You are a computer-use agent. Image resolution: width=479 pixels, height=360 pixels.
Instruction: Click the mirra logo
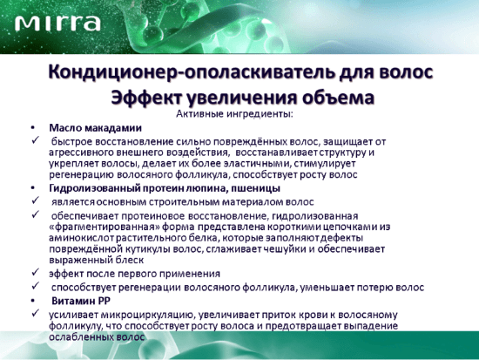click(x=57, y=24)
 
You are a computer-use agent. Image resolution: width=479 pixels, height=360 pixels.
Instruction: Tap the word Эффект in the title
click(x=146, y=98)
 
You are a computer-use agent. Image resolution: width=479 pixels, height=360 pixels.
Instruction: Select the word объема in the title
click(x=338, y=98)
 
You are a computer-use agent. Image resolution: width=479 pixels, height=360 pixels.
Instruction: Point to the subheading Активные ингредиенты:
click(x=234, y=114)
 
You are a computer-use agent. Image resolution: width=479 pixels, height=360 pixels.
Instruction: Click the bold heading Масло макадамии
click(x=95, y=128)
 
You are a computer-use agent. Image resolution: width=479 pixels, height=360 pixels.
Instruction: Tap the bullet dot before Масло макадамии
click(x=33, y=128)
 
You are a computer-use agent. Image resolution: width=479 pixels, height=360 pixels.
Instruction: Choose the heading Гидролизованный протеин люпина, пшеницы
click(x=165, y=188)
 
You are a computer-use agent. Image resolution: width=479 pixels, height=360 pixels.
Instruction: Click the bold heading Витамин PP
click(x=81, y=301)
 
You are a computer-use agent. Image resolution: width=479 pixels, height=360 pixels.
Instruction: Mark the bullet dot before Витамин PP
click(x=33, y=302)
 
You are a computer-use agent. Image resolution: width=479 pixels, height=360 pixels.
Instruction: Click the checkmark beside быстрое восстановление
click(x=36, y=140)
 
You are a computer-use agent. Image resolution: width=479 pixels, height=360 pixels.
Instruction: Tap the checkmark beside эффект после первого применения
click(x=36, y=272)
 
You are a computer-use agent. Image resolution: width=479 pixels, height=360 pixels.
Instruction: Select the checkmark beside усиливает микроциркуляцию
click(x=36, y=313)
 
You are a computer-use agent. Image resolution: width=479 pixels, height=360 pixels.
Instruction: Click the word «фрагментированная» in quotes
click(x=105, y=228)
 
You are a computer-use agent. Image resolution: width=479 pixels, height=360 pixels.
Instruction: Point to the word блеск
click(x=130, y=261)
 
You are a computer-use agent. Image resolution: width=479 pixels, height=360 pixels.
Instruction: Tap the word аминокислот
click(x=82, y=238)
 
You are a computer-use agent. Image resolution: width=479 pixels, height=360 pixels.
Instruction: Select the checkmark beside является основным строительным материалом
click(x=36, y=200)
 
